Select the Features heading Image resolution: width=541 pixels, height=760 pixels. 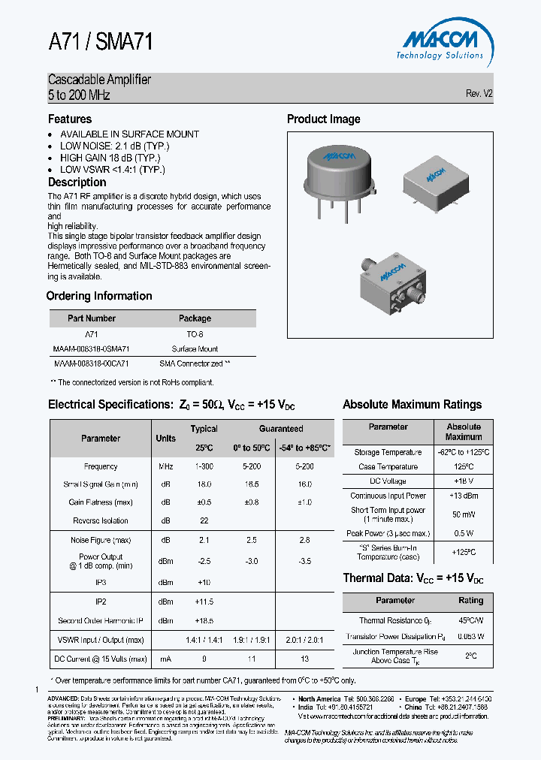click(70, 119)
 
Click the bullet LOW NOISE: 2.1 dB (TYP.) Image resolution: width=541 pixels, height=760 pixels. click(114, 146)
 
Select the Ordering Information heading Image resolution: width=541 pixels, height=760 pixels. click(99, 296)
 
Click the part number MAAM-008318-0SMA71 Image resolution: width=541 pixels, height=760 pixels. click(92, 348)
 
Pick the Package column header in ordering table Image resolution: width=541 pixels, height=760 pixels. click(195, 318)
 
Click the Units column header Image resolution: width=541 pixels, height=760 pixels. click(165, 438)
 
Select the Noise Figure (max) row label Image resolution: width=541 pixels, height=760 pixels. click(101, 540)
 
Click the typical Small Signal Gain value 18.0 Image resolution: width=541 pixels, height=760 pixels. click(204, 484)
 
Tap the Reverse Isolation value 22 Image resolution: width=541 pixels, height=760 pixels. click(204, 520)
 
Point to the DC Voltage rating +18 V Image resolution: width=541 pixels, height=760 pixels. click(464, 481)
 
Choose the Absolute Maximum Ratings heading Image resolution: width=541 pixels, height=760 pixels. click(412, 404)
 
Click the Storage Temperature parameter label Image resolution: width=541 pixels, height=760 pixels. click(388, 452)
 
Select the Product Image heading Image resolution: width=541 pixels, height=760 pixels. click(323, 119)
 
